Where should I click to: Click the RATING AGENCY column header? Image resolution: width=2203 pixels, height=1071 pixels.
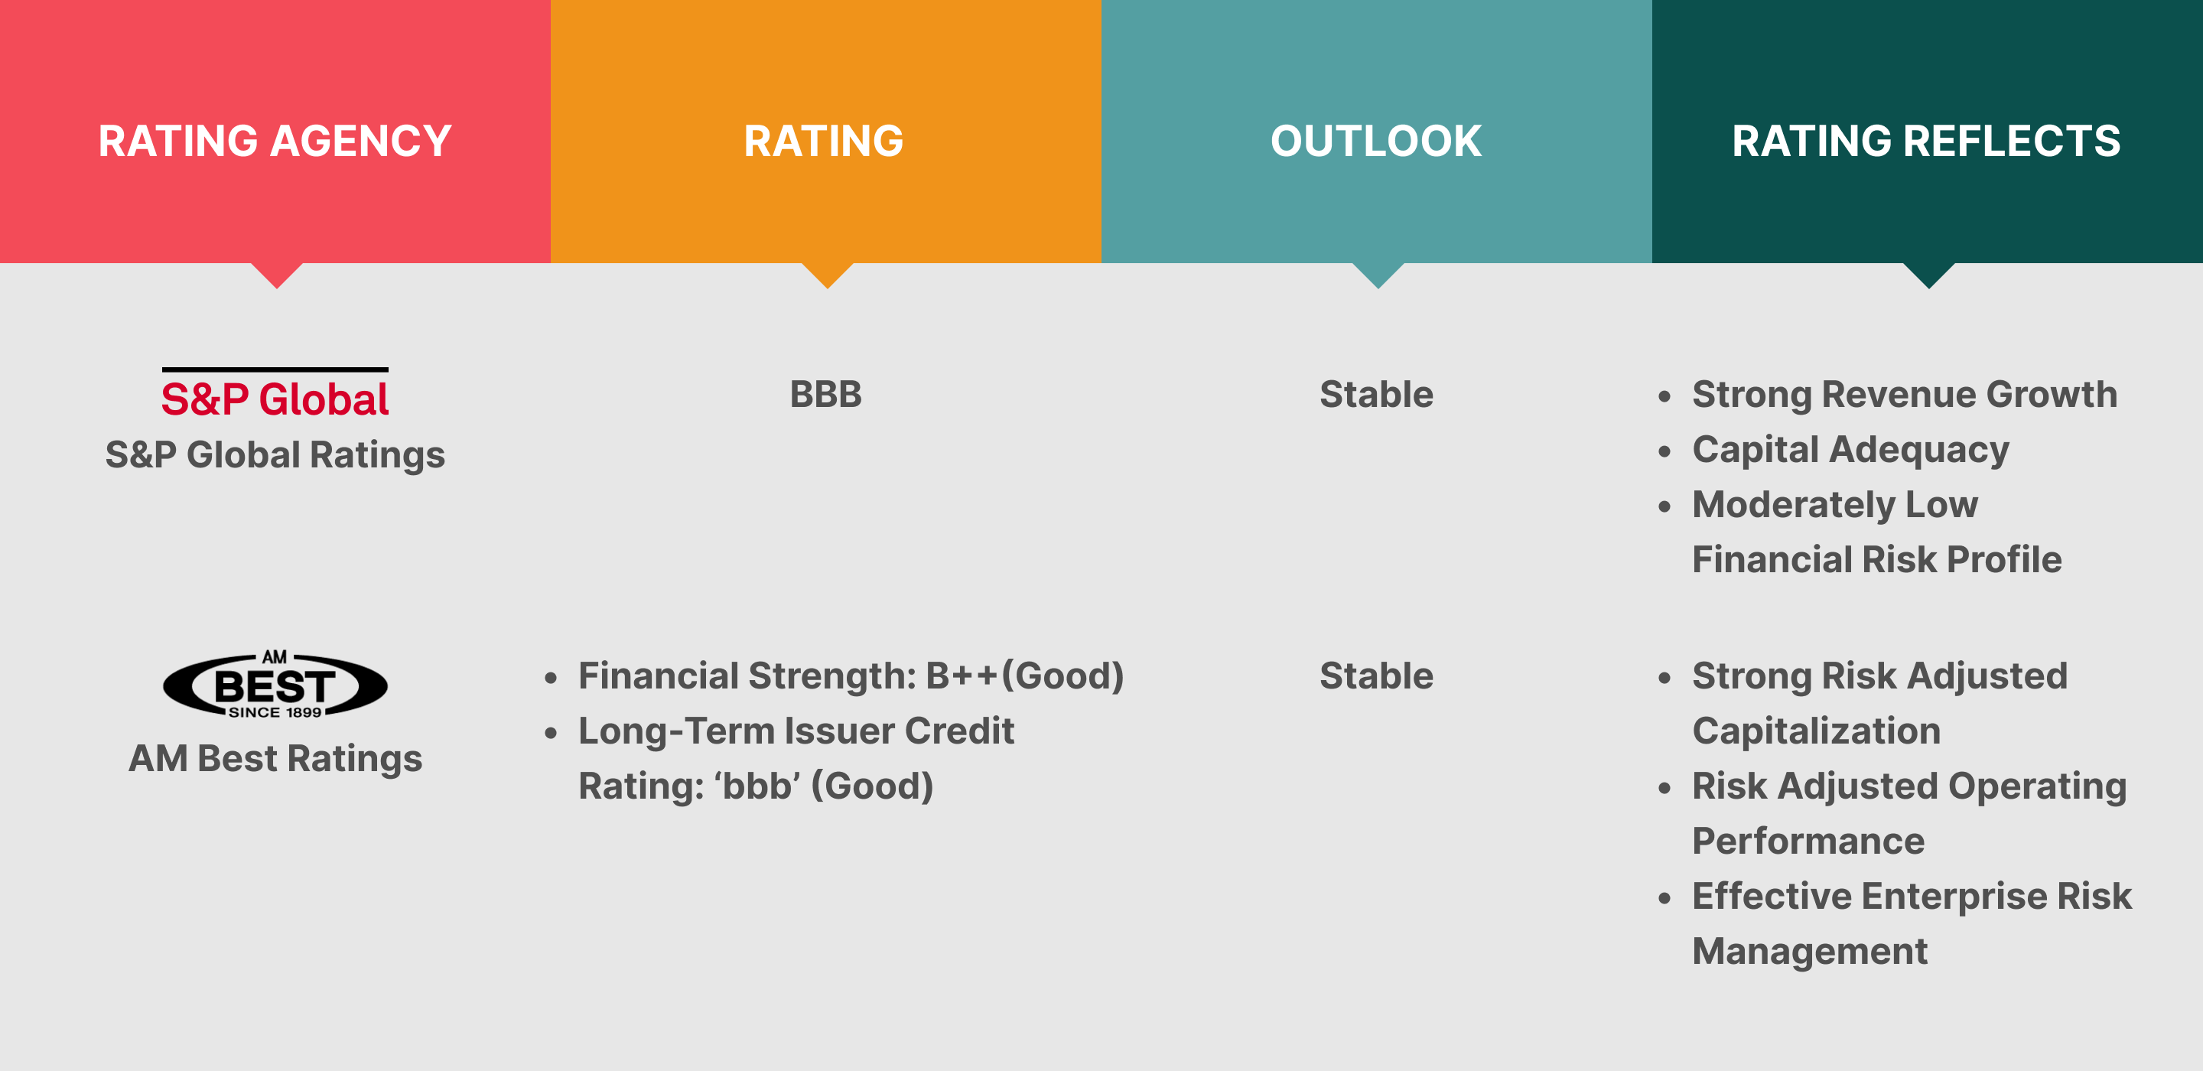coord(275,142)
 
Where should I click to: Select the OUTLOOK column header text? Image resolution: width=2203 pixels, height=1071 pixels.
coord(1376,142)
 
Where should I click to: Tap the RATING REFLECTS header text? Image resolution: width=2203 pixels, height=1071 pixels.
coord(1926,142)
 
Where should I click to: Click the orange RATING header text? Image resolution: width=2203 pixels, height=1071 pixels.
coord(824,142)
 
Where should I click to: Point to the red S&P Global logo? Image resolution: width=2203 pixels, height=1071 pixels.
coord(275,394)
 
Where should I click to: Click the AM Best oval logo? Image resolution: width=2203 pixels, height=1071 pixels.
coord(275,685)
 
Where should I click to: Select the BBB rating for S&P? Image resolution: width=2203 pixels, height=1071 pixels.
coord(825,394)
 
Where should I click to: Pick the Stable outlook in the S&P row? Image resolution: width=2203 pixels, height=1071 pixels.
coord(1376,394)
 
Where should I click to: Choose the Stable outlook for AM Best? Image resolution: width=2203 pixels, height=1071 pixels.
coord(1376,675)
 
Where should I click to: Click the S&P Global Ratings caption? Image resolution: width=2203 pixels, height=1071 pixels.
coord(275,455)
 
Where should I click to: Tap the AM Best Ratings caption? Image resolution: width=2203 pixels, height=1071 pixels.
coord(275,759)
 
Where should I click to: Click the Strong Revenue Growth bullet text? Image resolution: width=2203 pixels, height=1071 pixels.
coord(1905,394)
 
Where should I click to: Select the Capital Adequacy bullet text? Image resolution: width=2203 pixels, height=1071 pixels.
coord(1850,450)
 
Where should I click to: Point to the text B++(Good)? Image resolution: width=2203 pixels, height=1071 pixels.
coord(1024,675)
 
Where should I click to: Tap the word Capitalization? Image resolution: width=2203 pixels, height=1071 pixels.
coord(1817,731)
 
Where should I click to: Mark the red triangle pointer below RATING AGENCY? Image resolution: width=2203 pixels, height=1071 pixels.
coord(276,275)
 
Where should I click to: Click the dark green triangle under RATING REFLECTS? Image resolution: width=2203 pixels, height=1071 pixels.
coord(1928,275)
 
